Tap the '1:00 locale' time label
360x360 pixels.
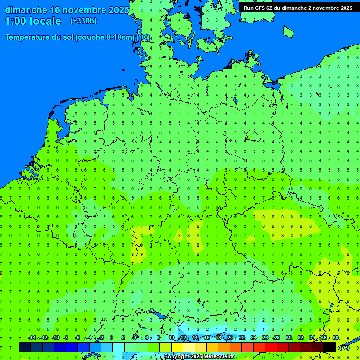[33, 21]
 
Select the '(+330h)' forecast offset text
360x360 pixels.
[83, 21]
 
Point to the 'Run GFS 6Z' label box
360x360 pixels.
[298, 7]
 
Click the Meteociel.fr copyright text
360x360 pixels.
[199, 357]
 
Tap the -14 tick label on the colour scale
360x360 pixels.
[32, 338]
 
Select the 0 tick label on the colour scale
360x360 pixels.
[112, 338]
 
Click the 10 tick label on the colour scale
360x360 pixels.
[172, 338]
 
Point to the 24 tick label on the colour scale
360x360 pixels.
[254, 338]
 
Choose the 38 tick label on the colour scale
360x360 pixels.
[336, 338]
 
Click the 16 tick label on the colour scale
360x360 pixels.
[207, 338]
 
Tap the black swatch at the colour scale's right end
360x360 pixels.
[330, 347]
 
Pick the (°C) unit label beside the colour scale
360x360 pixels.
[344, 347]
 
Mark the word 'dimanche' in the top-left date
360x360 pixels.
[25, 10]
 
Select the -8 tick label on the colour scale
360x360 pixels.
[66, 338]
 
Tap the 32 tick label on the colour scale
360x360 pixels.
[300, 338]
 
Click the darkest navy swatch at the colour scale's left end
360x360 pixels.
[25, 347]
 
